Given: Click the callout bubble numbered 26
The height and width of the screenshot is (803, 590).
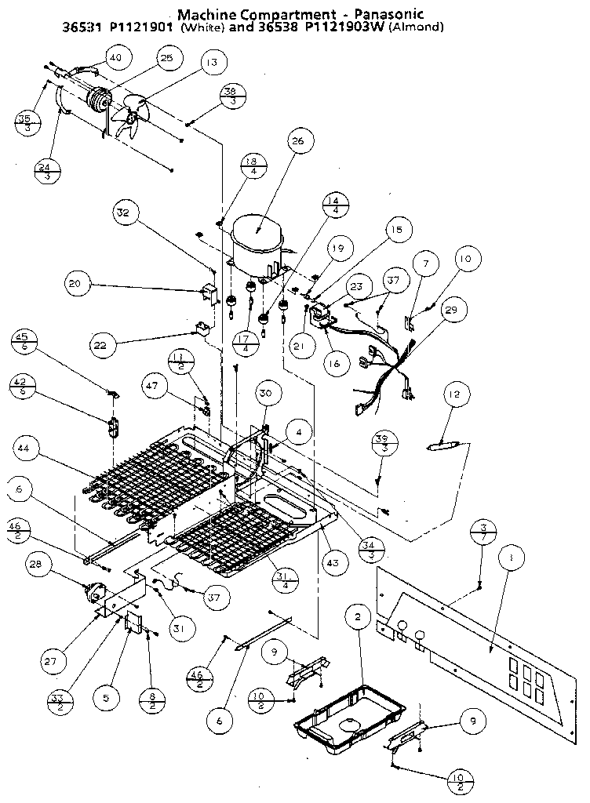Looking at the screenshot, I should [297, 142].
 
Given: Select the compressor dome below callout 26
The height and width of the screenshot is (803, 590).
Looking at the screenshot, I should [259, 235].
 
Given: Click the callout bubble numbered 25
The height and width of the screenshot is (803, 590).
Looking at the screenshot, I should [166, 59].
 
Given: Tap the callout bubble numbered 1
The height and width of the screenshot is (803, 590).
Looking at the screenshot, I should [511, 559].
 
